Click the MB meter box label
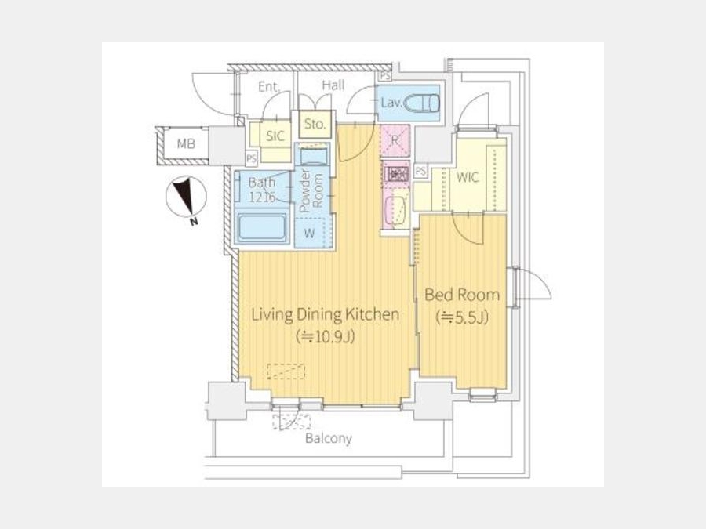click(x=186, y=143)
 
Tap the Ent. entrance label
click(x=269, y=87)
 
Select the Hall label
click(x=333, y=85)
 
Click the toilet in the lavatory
click(x=421, y=103)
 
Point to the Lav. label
click(x=391, y=103)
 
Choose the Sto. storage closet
click(x=315, y=124)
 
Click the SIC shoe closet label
click(x=275, y=136)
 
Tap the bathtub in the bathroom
click(x=262, y=227)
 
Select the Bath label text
click(x=261, y=182)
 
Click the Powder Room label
click(x=311, y=190)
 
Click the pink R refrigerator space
click(x=395, y=140)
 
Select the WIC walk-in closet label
click(x=468, y=177)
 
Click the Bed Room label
click(x=462, y=295)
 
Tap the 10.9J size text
click(x=325, y=336)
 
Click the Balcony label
click(x=329, y=438)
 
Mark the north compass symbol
click(x=186, y=197)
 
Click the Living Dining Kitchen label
click(x=325, y=314)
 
